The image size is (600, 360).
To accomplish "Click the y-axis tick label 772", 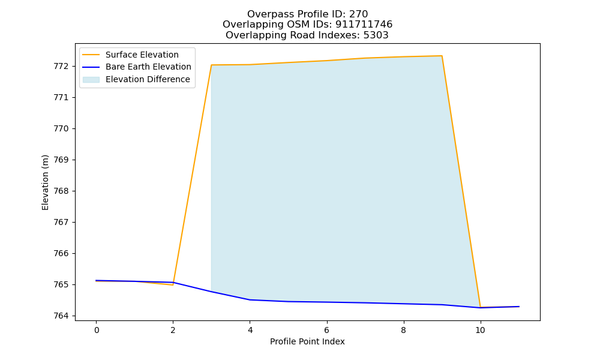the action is tap(61, 67).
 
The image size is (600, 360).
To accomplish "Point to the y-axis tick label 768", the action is tap(61, 191).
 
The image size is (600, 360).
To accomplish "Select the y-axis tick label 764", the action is tap(61, 316).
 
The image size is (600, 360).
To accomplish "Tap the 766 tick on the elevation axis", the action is tap(61, 254).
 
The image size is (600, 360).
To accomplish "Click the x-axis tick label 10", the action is tap(480, 330).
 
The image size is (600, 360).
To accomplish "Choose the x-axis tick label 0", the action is tap(97, 330).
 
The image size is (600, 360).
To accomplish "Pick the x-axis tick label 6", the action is tap(327, 330).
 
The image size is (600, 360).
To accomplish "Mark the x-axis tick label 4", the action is tap(250, 330).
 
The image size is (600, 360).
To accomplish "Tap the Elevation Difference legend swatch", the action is tap(91, 80).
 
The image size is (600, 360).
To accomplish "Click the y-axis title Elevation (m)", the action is tap(45, 182).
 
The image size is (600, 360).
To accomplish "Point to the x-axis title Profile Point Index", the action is tap(307, 341).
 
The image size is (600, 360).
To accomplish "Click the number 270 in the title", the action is tap(359, 14).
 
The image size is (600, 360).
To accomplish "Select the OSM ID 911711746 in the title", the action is tap(364, 25).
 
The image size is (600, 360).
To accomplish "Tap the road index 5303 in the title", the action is tap(376, 35).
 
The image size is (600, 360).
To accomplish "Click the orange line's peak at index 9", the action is tap(442, 56).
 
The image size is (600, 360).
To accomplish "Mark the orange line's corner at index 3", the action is tap(211, 65).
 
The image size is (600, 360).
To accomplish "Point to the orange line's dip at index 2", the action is tap(173, 285).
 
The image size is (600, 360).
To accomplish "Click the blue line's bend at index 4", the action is tap(250, 300).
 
